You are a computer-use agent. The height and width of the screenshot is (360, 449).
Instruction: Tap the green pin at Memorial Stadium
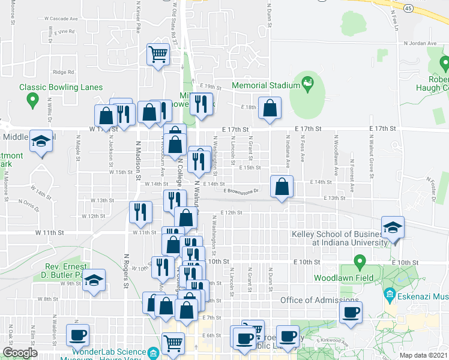click(309, 82)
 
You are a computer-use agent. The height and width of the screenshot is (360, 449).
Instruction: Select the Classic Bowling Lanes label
click(61, 87)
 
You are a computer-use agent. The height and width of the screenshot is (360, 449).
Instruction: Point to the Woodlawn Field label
click(343, 278)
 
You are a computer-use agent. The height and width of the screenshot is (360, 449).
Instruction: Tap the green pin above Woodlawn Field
click(360, 262)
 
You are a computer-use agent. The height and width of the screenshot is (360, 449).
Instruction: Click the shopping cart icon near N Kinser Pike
click(158, 55)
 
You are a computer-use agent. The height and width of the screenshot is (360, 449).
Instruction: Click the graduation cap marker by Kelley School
click(393, 227)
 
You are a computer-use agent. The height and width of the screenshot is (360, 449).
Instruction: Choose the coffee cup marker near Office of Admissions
click(351, 311)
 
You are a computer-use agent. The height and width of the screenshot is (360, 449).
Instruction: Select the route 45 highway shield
click(408, 8)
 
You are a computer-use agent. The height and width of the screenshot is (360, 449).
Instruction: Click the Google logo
click(20, 353)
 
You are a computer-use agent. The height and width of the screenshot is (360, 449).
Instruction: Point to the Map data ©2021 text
click(423, 355)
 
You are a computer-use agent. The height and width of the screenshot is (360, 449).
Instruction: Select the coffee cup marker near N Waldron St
click(77, 335)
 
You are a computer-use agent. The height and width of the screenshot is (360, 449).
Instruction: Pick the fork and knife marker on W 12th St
click(137, 212)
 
